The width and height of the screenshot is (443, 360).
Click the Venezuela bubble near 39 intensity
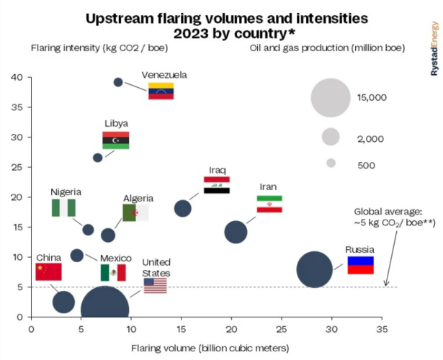tap(118, 81)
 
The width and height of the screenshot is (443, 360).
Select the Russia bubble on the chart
tap(314, 270)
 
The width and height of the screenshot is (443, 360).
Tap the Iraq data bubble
tap(183, 208)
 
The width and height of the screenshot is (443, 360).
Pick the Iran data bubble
tap(236, 232)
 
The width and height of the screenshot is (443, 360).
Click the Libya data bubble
tap(98, 158)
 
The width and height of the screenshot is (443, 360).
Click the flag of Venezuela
tap(161, 91)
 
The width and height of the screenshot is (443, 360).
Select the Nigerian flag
tap(63, 208)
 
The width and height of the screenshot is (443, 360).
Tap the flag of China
tap(48, 271)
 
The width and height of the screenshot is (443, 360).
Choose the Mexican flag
tap(113, 272)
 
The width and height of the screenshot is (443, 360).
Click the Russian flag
tap(360, 265)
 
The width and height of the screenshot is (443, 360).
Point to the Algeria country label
tap(138, 198)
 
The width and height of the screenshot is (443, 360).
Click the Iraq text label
tap(218, 170)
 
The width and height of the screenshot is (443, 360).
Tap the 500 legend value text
tap(366, 165)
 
